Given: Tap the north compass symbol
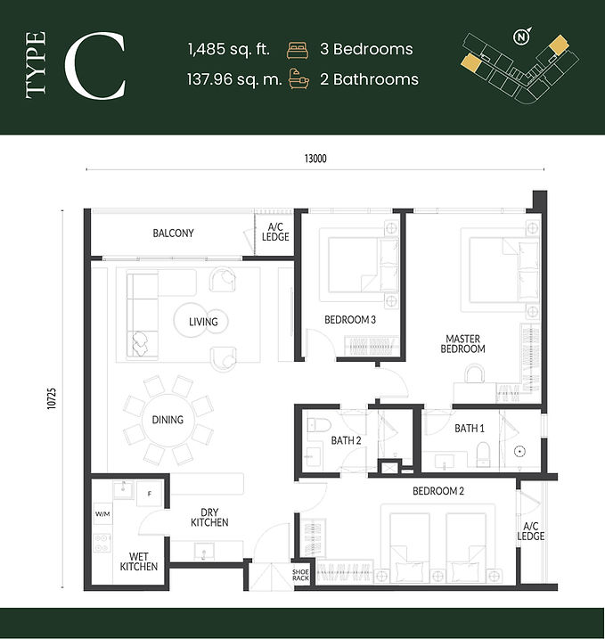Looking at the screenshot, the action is pos(522,37).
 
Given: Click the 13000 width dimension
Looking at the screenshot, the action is pos(315,158).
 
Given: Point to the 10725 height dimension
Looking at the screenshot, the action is pos(52,398).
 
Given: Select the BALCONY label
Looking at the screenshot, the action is pos(173,233).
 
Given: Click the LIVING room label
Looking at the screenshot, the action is pos(203,322).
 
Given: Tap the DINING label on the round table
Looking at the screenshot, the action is pos(168,420).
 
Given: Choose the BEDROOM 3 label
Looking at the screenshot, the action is pos(350,320).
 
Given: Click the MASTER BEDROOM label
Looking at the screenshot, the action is pos(462,344).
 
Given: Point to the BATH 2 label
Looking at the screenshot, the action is pos(346,440).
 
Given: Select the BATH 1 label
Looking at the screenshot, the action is pos(470,429).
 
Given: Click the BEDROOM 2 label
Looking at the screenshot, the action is pos(438,491).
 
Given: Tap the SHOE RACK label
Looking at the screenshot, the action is pos(300,575).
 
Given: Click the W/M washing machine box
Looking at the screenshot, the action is pos(102,514).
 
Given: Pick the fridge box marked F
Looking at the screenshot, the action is pos(150,494).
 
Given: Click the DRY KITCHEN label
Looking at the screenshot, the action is pos(209,518).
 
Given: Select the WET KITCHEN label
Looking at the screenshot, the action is pos(138,561).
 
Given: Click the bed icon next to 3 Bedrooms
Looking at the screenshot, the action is pos(298,50).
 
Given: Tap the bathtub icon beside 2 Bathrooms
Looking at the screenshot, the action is pos(298,79).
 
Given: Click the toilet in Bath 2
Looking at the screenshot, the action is pos(315,425).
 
